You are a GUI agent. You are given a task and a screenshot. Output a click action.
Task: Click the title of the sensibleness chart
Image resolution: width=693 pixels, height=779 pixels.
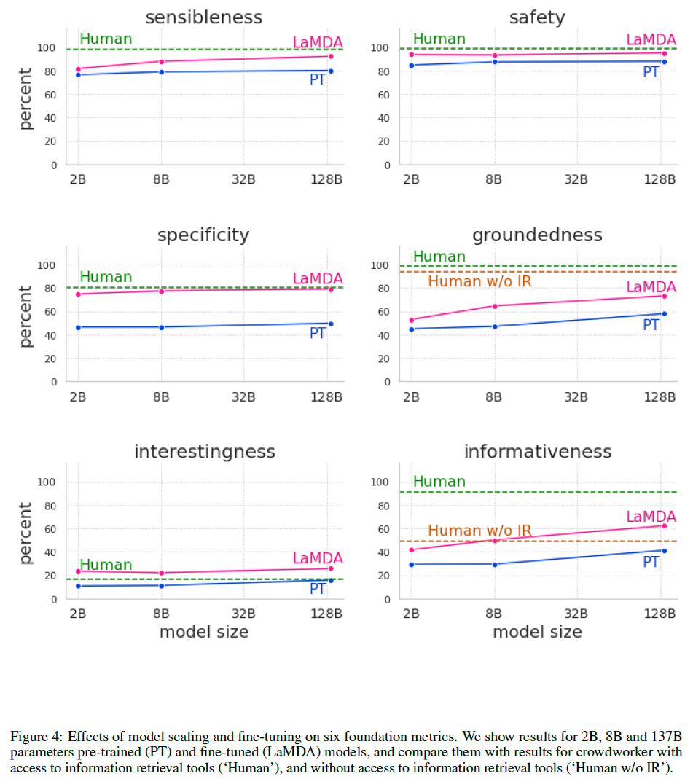tap(204, 17)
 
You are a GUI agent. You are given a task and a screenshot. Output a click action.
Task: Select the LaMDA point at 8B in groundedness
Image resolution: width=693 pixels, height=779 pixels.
tap(495, 306)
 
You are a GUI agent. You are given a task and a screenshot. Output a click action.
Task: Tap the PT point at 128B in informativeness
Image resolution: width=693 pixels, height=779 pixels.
tap(664, 550)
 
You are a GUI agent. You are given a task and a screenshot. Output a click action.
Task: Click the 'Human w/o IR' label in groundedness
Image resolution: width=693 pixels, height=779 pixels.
tap(479, 281)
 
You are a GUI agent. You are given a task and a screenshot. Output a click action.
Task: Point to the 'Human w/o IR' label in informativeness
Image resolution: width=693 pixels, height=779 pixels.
tap(479, 531)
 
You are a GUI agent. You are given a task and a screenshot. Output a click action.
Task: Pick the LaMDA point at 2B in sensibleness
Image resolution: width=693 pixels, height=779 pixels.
tap(78, 68)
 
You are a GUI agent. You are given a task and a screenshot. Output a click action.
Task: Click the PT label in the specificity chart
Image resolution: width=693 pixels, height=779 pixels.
tap(318, 333)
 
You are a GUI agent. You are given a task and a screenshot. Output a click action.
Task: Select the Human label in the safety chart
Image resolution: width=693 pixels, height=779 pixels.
tap(439, 39)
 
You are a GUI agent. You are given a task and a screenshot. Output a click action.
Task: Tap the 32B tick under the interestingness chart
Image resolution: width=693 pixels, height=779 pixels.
tap(243, 613)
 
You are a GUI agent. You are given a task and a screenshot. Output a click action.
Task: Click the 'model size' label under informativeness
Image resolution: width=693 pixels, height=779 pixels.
tap(537, 632)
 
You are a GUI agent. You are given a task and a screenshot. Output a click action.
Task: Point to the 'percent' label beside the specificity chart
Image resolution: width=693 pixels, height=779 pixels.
tap(26, 316)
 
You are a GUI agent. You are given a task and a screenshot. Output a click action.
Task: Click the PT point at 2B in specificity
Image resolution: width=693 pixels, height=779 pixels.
tap(78, 327)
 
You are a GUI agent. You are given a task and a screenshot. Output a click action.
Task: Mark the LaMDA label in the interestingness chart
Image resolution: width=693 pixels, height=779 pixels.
tap(318, 558)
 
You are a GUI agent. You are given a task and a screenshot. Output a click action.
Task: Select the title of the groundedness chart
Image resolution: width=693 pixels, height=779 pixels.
tap(537, 235)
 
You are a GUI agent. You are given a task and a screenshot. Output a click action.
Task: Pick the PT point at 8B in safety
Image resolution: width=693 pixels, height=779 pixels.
tap(495, 62)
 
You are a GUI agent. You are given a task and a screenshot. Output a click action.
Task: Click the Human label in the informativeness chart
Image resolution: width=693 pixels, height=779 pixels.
tap(439, 482)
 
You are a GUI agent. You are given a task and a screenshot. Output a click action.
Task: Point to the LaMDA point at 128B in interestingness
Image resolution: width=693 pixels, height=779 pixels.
tap(331, 568)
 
